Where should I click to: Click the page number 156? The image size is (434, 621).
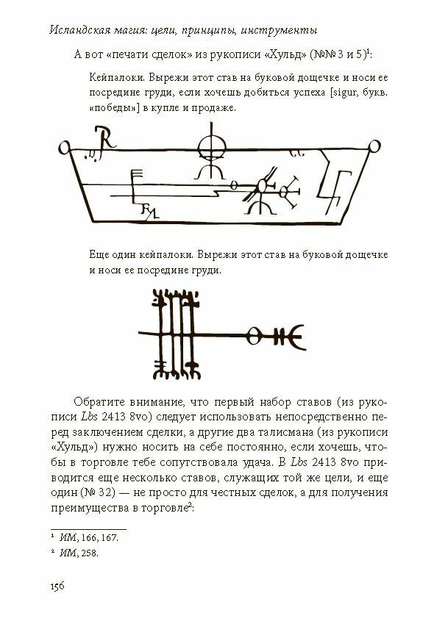point(57,586)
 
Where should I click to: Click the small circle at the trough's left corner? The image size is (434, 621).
point(64,148)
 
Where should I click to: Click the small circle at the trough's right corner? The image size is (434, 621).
point(374,146)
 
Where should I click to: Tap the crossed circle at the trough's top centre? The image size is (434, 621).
point(211,147)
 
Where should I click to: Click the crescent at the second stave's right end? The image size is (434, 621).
point(297,337)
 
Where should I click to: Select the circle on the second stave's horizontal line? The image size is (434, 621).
point(253,336)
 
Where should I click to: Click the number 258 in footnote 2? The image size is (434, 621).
point(90,553)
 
